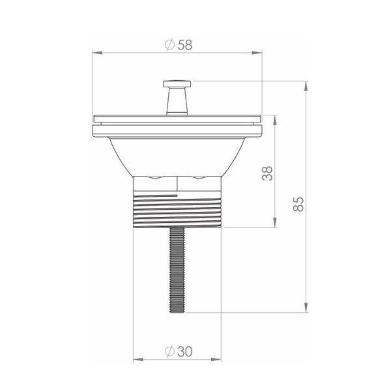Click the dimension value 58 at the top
pos(185,45)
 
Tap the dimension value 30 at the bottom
pos(185,352)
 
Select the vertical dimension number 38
pos(267,173)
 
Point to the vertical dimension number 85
pos(298,204)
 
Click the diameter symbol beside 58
pos(169,45)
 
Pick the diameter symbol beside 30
pos(169,352)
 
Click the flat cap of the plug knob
pos(177,84)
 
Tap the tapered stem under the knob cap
pos(177,101)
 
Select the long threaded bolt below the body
pos(177,270)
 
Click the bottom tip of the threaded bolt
pos(177,312)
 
